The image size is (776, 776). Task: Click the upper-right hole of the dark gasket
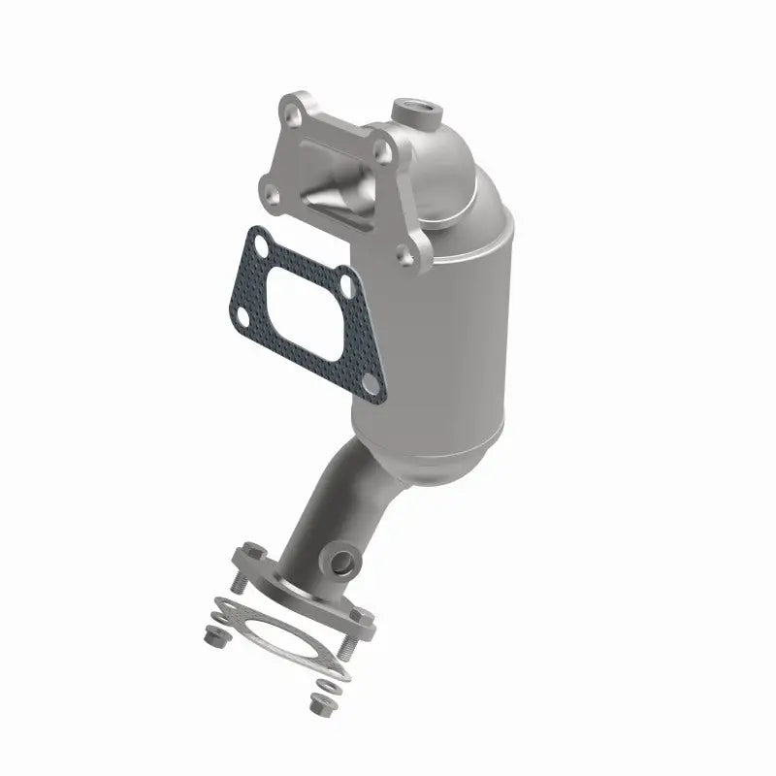pyautogui.click(x=344, y=285)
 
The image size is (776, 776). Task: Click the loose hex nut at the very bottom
pyautogui.click(x=316, y=704)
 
